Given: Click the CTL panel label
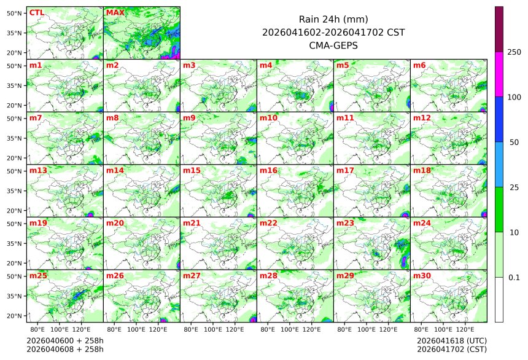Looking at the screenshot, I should [x=36, y=12].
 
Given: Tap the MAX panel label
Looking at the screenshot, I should [x=115, y=12].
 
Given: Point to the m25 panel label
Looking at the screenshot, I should [x=38, y=276].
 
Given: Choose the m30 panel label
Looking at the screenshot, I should [x=422, y=276].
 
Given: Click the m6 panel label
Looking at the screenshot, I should [x=420, y=65].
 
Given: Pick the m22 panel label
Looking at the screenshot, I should [x=268, y=223].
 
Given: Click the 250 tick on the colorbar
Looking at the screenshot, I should [x=514, y=52].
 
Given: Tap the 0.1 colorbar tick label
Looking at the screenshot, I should [x=514, y=277].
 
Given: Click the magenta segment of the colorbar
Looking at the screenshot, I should [x=499, y=74].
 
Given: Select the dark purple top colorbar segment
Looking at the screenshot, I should [x=499, y=29].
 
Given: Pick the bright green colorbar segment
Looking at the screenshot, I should [x=499, y=209].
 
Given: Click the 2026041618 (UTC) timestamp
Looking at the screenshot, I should [x=451, y=340].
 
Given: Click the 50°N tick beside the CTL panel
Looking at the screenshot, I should [x=14, y=13].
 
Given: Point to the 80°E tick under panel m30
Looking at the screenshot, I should [x=421, y=329].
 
